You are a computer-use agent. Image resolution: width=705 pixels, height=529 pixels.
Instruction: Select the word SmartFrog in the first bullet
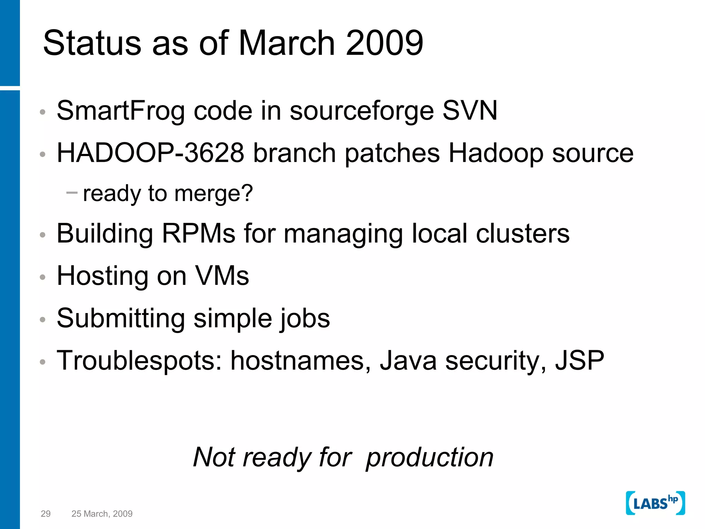[120, 111]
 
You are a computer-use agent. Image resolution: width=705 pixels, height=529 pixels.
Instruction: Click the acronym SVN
[470, 111]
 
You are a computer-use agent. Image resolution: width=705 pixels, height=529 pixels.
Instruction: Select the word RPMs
[199, 234]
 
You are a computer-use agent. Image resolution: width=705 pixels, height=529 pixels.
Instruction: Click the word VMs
[222, 276]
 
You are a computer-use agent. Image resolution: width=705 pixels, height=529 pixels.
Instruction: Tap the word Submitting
[120, 318]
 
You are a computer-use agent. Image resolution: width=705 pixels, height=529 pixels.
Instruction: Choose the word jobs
[304, 319]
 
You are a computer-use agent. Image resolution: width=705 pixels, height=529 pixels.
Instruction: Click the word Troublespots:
[139, 361]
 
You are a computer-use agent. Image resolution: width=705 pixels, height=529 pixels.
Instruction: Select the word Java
[408, 361]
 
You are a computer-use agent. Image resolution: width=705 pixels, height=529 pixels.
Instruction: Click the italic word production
[430, 457]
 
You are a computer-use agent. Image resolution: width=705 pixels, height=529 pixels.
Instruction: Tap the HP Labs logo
[655, 503]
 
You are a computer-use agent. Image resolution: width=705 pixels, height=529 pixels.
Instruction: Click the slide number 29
[45, 514]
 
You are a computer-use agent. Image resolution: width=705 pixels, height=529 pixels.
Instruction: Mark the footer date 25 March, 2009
[102, 514]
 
